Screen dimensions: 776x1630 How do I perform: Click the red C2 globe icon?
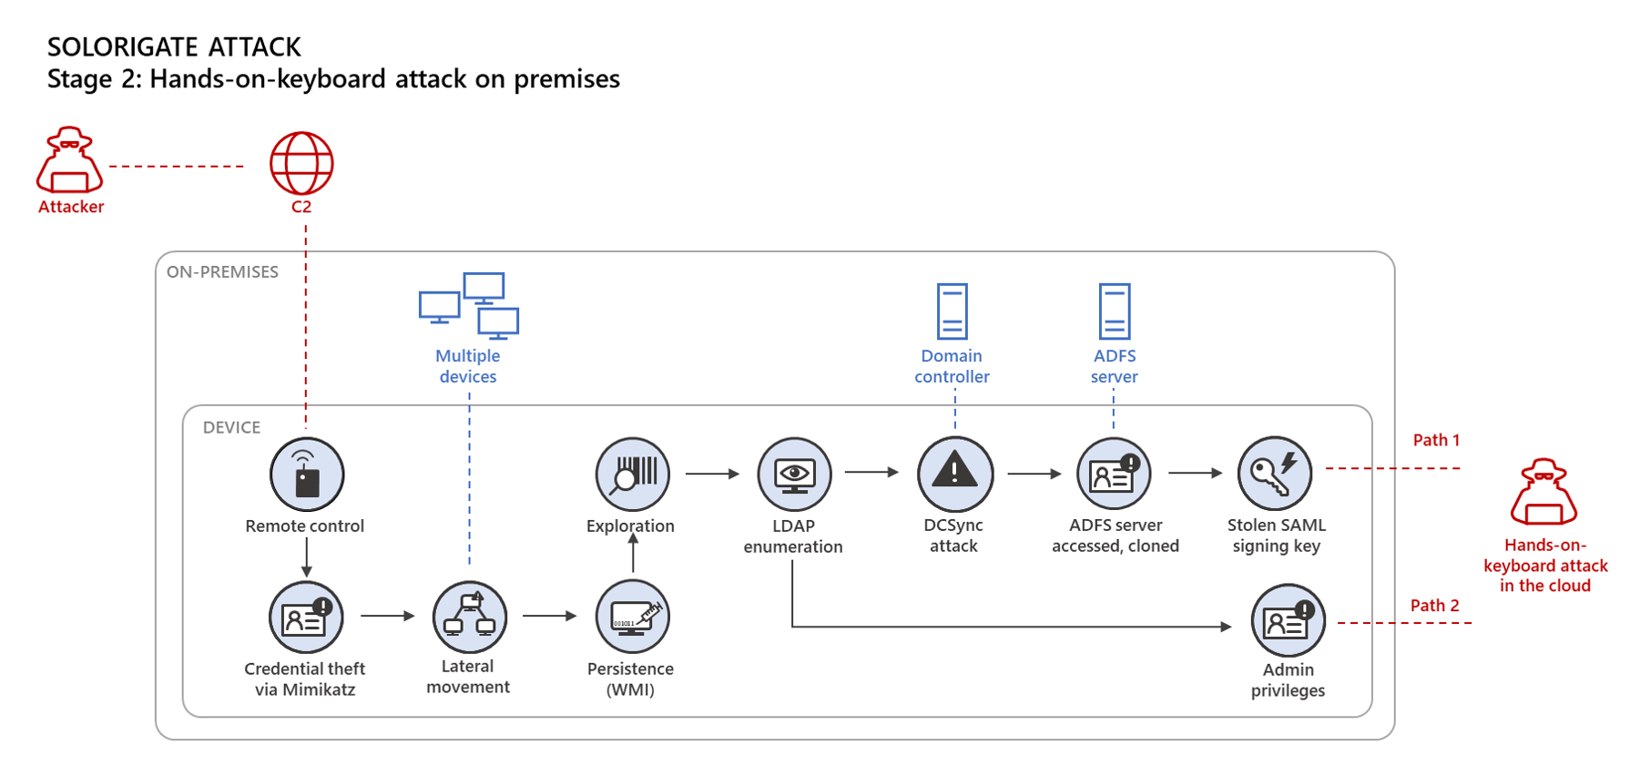301,164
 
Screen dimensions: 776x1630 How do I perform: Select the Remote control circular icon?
307,475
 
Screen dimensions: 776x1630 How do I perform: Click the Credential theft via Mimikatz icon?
306,618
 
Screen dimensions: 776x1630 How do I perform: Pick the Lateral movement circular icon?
469,617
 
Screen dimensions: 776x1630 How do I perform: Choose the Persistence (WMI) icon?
632,617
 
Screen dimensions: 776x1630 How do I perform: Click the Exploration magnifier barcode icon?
632,475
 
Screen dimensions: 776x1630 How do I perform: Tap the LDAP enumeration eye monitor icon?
794,475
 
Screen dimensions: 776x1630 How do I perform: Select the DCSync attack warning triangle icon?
954,474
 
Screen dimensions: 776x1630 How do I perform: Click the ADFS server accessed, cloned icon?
1114,474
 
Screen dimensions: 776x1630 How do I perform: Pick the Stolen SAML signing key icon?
1275,474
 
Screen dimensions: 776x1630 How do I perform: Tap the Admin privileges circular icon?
1288,621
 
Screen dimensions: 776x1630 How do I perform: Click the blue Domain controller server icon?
953,311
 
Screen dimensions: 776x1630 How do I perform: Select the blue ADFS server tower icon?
1115,311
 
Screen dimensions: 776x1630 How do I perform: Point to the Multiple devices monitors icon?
469,305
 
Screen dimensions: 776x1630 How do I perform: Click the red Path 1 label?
1436,440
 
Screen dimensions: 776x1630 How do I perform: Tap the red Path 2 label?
1434,606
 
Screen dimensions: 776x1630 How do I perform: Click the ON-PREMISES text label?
222,272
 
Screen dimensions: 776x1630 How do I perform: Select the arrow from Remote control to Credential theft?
307,556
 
